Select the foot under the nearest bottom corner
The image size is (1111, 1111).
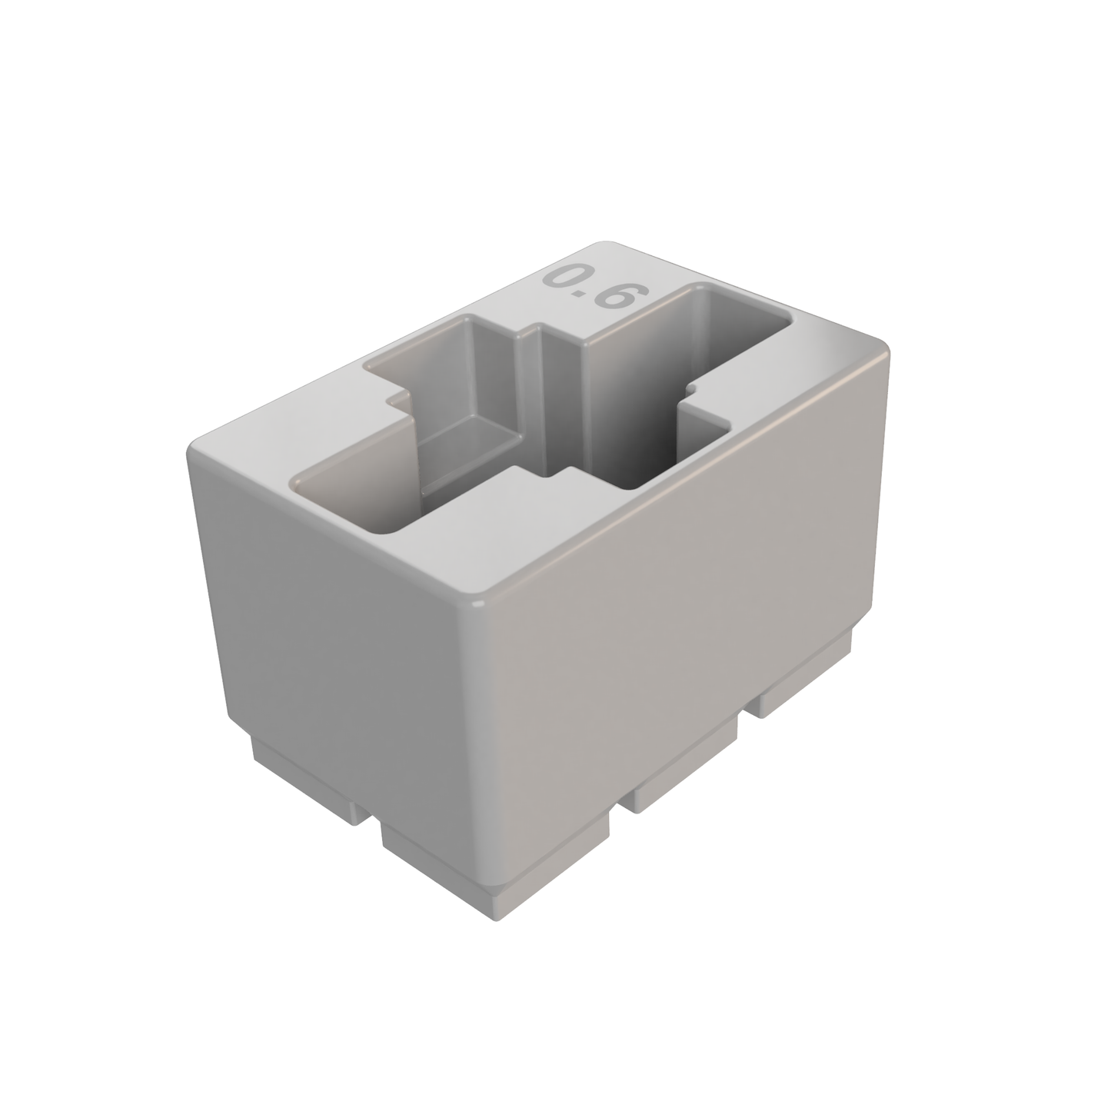coord(492,869)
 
